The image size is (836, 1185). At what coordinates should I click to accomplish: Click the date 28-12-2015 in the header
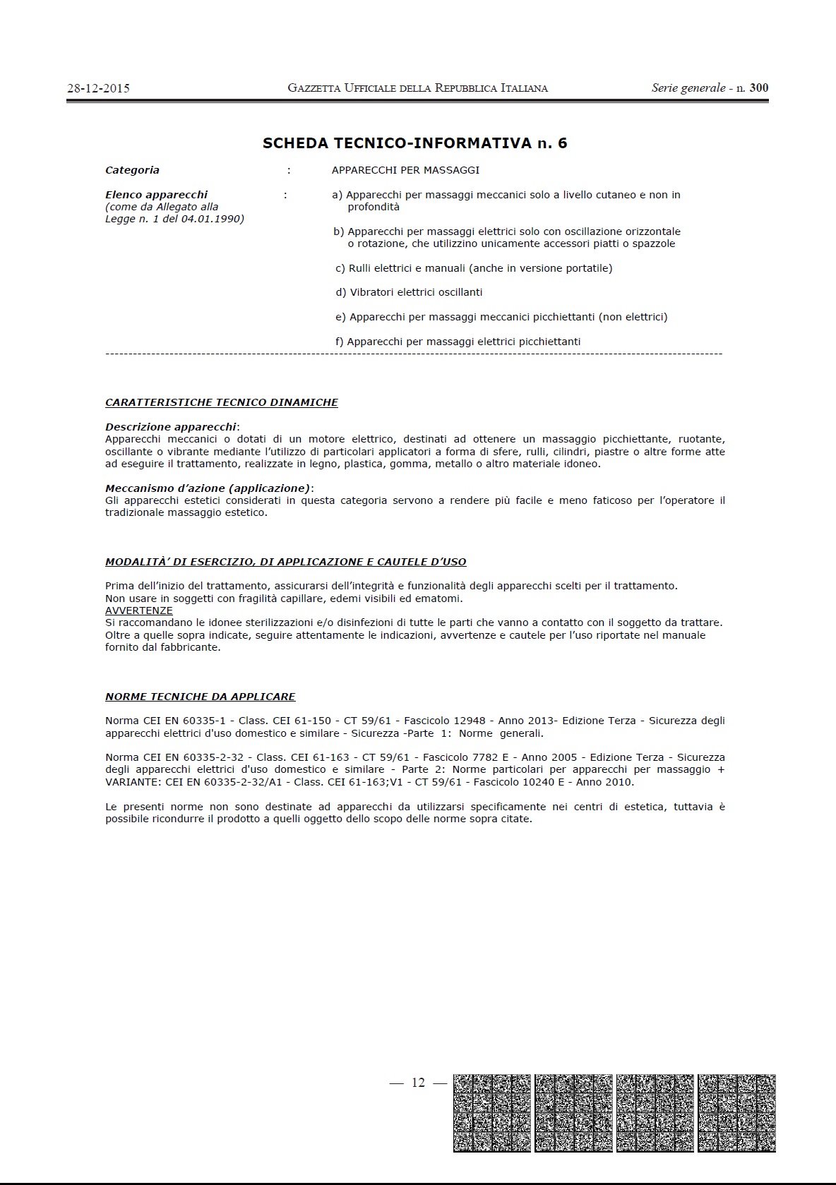[x=98, y=88]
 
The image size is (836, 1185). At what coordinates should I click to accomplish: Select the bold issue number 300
[x=759, y=88]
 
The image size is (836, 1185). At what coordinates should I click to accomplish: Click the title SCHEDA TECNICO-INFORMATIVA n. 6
[x=414, y=143]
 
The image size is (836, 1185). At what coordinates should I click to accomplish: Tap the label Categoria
[x=132, y=170]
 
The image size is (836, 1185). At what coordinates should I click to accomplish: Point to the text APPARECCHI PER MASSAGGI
[x=405, y=170]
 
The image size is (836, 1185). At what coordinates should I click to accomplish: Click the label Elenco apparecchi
[x=156, y=195]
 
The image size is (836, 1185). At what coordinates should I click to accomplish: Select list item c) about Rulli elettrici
[x=474, y=268]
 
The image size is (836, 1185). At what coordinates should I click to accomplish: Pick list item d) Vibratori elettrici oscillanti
[x=409, y=292]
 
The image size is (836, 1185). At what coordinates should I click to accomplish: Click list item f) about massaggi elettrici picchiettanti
[x=458, y=342]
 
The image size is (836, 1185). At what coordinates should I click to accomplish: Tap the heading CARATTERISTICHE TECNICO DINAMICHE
[x=221, y=402]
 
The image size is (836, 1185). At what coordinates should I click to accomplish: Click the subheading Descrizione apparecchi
[x=170, y=427]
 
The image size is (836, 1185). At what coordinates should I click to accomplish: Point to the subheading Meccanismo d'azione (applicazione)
[x=208, y=488]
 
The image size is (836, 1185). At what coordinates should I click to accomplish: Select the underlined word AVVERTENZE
[x=138, y=610]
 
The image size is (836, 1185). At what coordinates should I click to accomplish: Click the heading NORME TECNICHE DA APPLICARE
[x=200, y=697]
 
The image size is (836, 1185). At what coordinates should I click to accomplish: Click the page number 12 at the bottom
[x=418, y=1083]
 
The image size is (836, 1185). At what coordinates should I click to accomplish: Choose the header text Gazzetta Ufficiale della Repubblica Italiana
[x=417, y=88]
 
